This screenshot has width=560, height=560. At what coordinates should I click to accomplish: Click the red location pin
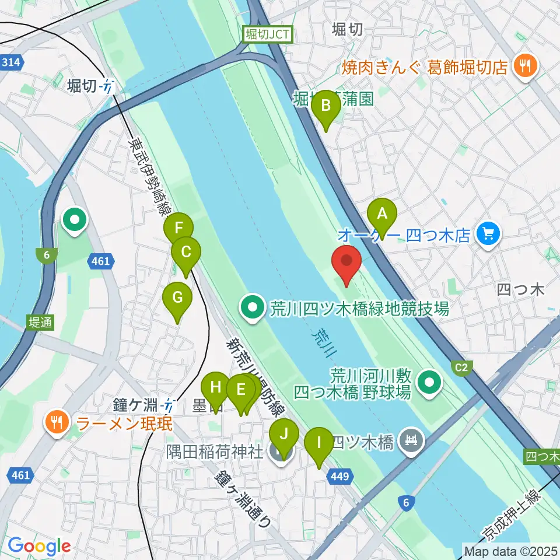(x=346, y=264)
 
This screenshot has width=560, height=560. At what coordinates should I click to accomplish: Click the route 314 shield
(x=12, y=62)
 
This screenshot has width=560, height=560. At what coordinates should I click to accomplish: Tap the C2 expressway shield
(x=461, y=366)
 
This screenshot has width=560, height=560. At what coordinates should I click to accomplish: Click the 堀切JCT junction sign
(x=268, y=35)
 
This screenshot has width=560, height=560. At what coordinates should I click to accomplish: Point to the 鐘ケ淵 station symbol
(x=169, y=403)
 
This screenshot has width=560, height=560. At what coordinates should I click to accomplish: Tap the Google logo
(x=39, y=546)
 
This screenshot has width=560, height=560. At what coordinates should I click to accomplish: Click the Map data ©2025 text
(x=510, y=549)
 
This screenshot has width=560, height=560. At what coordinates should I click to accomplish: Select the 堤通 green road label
(x=40, y=323)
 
